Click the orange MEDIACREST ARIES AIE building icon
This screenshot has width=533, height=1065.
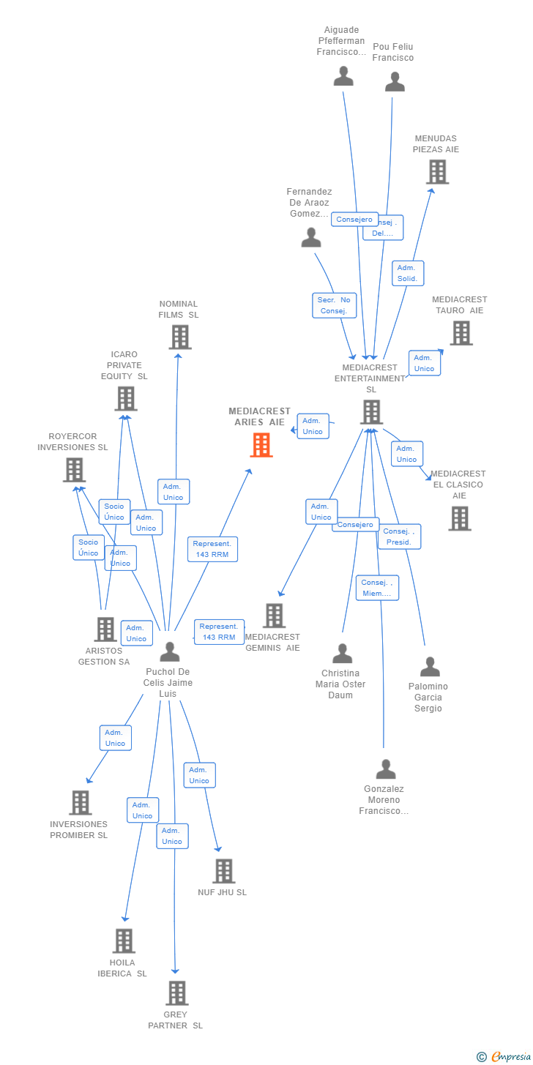pyautogui.click(x=261, y=445)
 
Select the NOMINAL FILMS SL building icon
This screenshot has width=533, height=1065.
pyautogui.click(x=180, y=337)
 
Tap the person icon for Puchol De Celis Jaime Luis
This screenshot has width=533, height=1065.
pyautogui.click(x=170, y=651)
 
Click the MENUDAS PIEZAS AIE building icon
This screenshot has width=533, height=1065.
pyautogui.click(x=437, y=172)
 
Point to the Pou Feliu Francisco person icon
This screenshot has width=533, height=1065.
pyautogui.click(x=395, y=82)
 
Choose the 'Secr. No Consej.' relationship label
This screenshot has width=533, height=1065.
pyautogui.click(x=335, y=305)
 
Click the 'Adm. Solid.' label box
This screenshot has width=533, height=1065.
pyautogui.click(x=407, y=273)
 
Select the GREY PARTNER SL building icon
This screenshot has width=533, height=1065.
pyautogui.click(x=177, y=993)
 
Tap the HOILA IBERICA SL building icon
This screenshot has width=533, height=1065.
pyautogui.click(x=124, y=941)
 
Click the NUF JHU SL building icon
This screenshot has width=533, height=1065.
pyautogui.click(x=223, y=871)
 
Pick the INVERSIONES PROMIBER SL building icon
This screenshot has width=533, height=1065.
pyautogui.click(x=80, y=803)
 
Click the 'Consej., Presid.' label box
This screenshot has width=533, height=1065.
pyautogui.click(x=399, y=537)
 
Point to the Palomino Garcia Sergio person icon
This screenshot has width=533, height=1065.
pyautogui.click(x=430, y=667)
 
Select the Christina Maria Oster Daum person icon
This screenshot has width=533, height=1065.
pyautogui.click(x=342, y=654)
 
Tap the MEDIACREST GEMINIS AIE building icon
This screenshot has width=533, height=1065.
pyautogui.click(x=275, y=616)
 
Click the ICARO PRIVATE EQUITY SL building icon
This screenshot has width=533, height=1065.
pyautogui.click(x=126, y=399)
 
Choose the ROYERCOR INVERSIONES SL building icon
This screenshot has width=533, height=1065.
pyautogui.click(x=74, y=470)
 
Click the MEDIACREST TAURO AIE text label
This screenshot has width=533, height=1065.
pyautogui.click(x=459, y=304)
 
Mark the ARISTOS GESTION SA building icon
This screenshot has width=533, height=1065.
pyautogui.click(x=105, y=629)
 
